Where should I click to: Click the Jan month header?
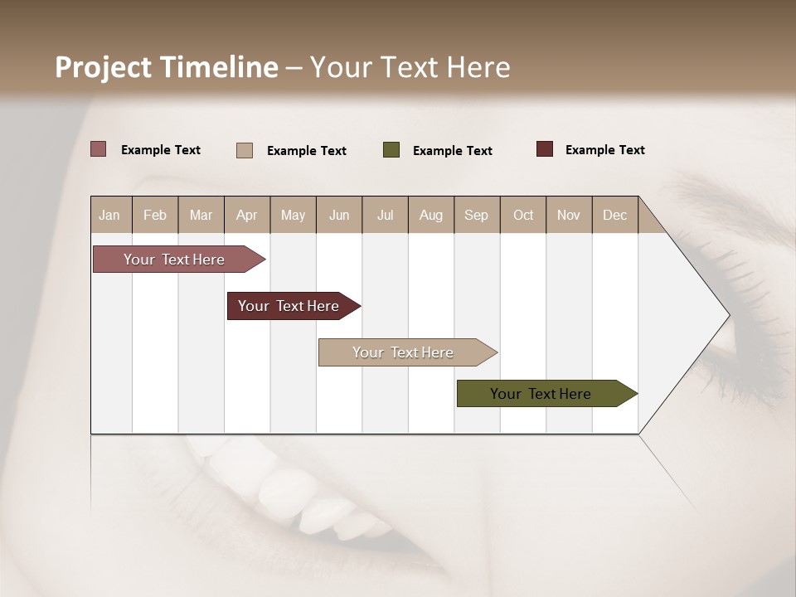tap(110, 215)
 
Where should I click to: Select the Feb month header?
tap(155, 215)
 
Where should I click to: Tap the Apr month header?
tap(246, 215)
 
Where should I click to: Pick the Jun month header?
tap(339, 215)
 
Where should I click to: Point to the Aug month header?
tap(430, 215)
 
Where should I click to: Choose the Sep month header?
tap(477, 215)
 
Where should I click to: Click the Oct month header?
tap(523, 215)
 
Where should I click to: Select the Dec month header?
tap(614, 215)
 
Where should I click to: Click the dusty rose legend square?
tap(99, 149)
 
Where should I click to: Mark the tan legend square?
tap(245, 150)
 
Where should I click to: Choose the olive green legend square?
tap(391, 150)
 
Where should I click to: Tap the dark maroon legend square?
tap(545, 149)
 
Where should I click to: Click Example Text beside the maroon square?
tap(604, 150)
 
